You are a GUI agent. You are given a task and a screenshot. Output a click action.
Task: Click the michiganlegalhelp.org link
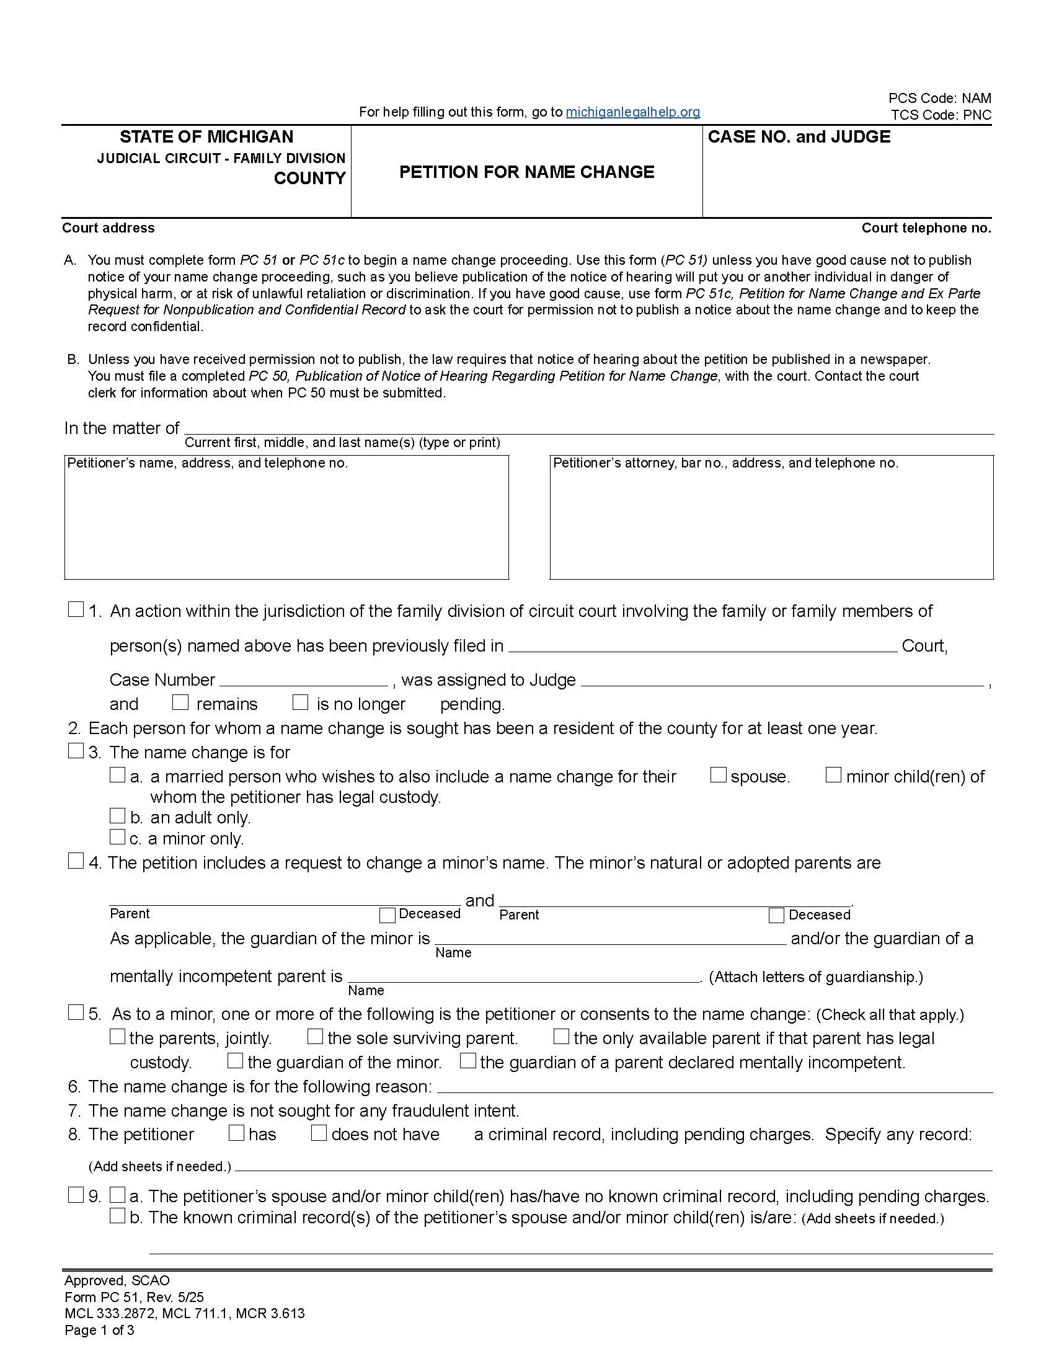(x=632, y=112)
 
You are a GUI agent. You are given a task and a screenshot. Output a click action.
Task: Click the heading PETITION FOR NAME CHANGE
(x=526, y=172)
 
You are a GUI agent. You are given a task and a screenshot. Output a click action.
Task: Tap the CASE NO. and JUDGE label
(x=799, y=137)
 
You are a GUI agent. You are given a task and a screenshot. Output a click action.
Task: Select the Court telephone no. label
(x=926, y=228)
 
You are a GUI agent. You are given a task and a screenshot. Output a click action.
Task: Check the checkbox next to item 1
(x=76, y=609)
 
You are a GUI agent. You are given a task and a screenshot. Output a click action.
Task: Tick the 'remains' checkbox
(x=180, y=702)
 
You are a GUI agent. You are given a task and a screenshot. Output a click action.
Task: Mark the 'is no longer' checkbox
(x=300, y=702)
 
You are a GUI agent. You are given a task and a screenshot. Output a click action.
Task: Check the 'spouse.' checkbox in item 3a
(x=719, y=775)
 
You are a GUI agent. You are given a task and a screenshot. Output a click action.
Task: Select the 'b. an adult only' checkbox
(x=117, y=816)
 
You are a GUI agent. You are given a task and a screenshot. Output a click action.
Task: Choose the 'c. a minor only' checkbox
(x=117, y=836)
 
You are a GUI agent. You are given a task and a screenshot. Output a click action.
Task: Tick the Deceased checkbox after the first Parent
(x=387, y=915)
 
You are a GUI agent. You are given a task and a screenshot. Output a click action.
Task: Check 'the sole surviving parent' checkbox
(x=316, y=1037)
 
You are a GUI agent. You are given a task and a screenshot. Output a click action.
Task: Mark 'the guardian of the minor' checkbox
(x=236, y=1060)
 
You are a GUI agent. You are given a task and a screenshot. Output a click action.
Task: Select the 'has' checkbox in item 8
(x=237, y=1133)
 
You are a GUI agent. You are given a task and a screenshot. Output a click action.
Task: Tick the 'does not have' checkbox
(x=319, y=1133)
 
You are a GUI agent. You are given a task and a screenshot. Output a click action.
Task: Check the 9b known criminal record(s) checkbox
(x=117, y=1215)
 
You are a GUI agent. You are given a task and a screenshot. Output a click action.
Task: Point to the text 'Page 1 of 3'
(x=99, y=1330)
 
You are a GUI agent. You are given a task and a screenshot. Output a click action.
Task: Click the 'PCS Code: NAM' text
(x=939, y=98)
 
